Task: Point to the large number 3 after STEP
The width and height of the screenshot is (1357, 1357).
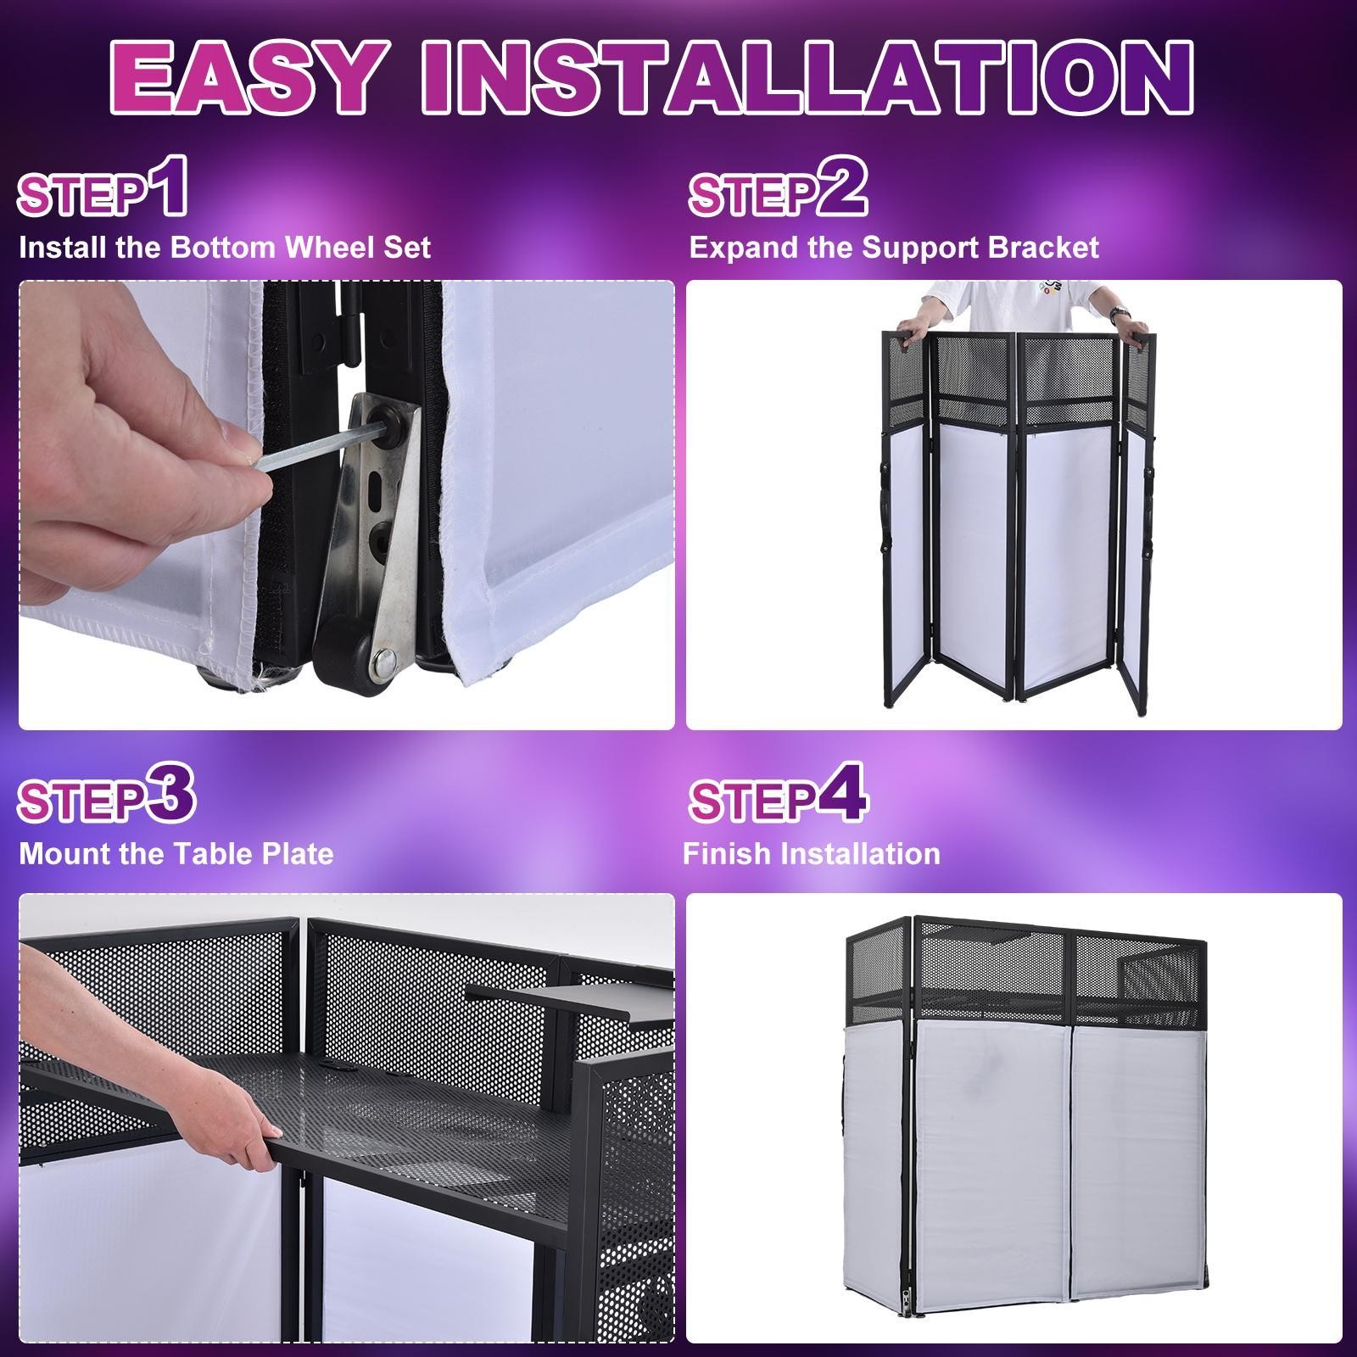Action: click(170, 793)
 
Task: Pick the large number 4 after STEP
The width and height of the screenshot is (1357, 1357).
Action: click(841, 793)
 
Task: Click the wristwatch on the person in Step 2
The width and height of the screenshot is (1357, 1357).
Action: click(1130, 327)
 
